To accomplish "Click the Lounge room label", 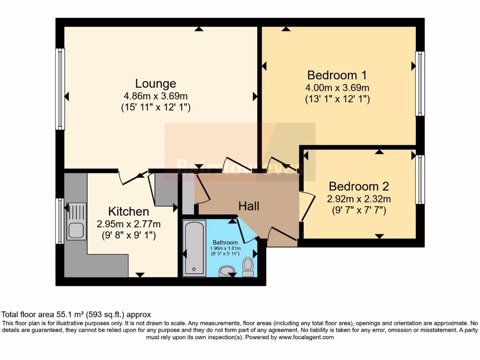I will click(156, 83).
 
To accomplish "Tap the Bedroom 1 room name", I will click(337, 75).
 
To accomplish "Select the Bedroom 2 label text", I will click(359, 186).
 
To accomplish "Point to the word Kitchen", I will click(128, 211).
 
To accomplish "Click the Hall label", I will click(248, 206).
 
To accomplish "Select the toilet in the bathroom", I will click(248, 267).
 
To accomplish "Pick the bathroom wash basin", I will click(228, 270).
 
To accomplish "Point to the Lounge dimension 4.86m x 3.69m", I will click(156, 96).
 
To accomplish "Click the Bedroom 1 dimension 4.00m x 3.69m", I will click(337, 88).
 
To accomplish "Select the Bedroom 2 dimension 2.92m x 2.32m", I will click(359, 199).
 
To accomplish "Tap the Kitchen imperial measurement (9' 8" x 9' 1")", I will click(128, 235).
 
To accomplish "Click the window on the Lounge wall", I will click(60, 89).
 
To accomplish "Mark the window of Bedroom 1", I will click(420, 83).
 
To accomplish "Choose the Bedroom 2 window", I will click(420, 180).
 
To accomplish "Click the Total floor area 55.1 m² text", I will click(76, 315).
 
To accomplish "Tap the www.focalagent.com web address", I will click(306, 337).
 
